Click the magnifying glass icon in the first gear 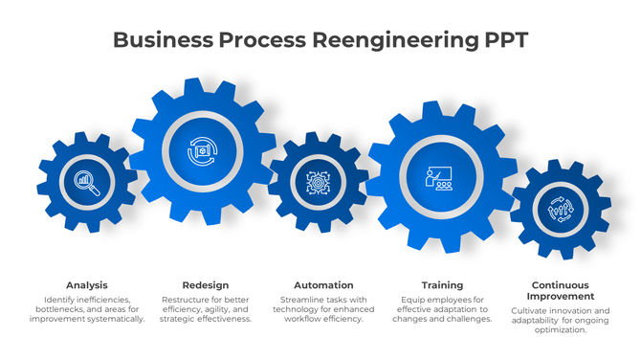click(x=87, y=182)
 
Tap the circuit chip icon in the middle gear click(x=317, y=182)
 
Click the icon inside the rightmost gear click(x=561, y=209)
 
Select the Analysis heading click(x=87, y=285)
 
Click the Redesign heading click(x=205, y=285)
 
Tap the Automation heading click(x=322, y=285)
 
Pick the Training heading click(x=442, y=285)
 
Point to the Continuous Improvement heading click(x=561, y=291)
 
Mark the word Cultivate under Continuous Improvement click(x=531, y=311)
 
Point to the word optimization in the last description click(x=561, y=330)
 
